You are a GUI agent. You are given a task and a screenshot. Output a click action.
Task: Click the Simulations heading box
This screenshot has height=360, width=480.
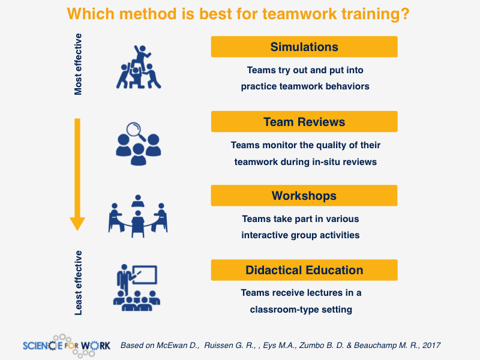tap(304, 47)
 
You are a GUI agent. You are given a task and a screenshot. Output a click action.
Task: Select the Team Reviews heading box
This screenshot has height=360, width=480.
tap(304, 122)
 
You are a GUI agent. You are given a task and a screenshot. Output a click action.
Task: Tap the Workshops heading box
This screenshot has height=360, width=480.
tap(304, 196)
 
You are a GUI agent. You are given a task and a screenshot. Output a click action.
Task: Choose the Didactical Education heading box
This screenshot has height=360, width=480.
tap(304, 270)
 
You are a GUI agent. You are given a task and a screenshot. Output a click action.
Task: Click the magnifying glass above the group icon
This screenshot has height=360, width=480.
tap(136, 131)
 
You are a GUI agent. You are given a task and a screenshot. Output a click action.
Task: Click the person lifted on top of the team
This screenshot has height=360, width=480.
tap(141, 56)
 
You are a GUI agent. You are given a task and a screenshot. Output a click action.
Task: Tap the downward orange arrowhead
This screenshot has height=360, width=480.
tap(77, 224)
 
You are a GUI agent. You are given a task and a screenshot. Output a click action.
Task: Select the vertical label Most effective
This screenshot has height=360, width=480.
tap(78, 64)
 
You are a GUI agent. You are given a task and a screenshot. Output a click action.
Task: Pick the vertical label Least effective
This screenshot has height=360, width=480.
tap(78, 283)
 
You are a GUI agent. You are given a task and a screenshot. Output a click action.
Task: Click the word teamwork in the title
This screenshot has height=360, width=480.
tap(299, 14)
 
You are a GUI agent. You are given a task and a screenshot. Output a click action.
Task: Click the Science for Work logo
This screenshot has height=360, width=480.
tap(67, 346)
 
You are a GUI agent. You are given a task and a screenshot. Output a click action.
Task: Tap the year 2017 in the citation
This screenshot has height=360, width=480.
tap(431, 346)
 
